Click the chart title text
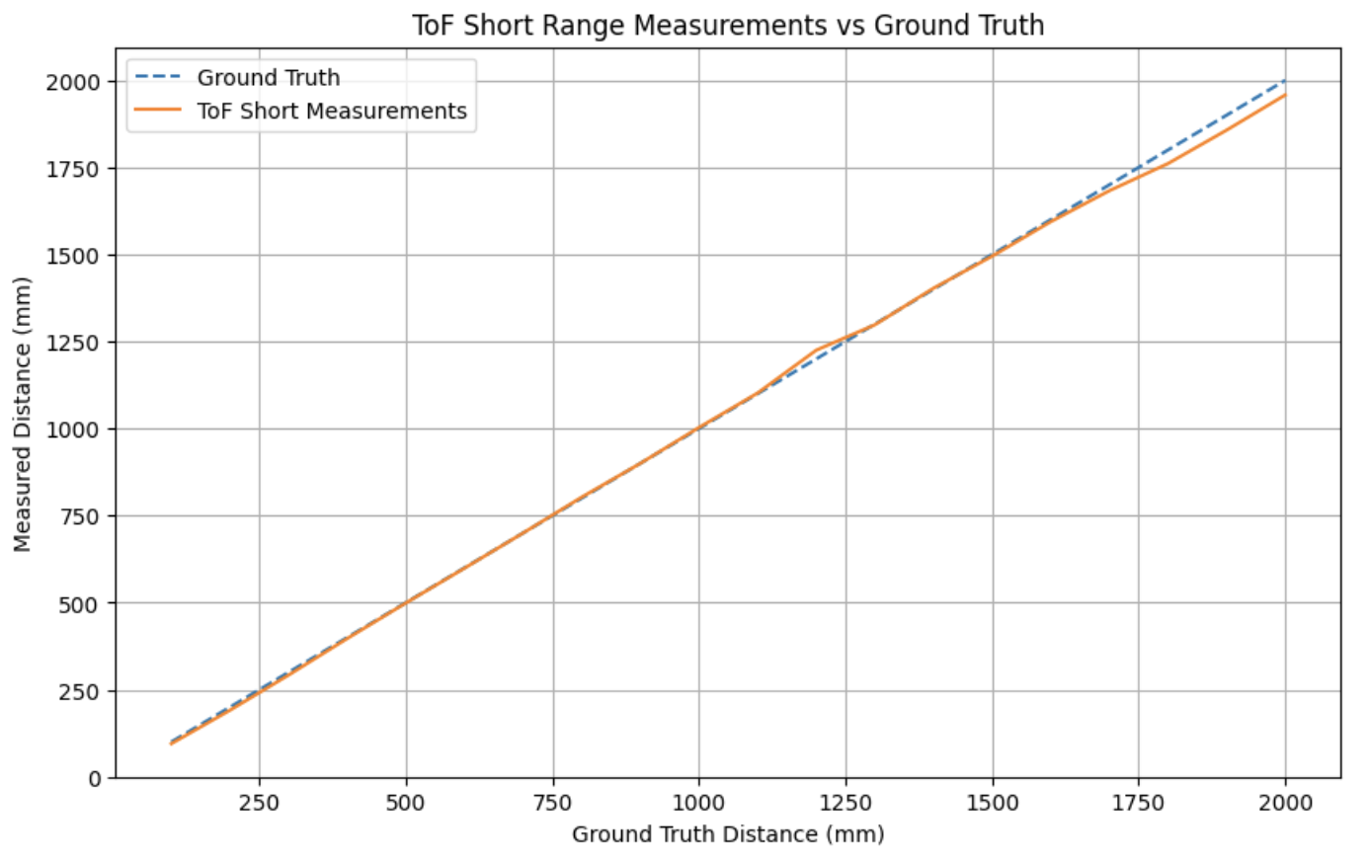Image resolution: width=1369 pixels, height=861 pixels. tap(728, 25)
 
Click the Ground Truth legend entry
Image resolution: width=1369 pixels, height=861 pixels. tap(268, 78)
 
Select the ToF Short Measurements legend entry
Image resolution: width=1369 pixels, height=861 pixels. tap(331, 112)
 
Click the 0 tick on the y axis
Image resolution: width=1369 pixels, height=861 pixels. tap(95, 779)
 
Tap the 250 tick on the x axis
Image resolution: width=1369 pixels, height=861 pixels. tap(259, 803)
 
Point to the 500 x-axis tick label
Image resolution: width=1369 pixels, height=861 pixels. tap(406, 803)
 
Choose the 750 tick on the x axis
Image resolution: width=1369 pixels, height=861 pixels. tap(552, 803)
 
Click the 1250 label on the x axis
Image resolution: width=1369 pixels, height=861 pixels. tap(846, 803)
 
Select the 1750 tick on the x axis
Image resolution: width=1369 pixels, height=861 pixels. tap(1139, 803)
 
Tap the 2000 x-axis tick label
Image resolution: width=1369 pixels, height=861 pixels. tap(1285, 803)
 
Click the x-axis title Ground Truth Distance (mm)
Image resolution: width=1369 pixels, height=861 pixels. tap(728, 834)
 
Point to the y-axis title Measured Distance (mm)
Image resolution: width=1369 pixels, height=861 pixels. tap(23, 414)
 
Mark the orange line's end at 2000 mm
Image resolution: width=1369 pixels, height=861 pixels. tap(1285, 95)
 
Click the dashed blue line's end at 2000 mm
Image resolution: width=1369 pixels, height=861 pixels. tap(1284, 81)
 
